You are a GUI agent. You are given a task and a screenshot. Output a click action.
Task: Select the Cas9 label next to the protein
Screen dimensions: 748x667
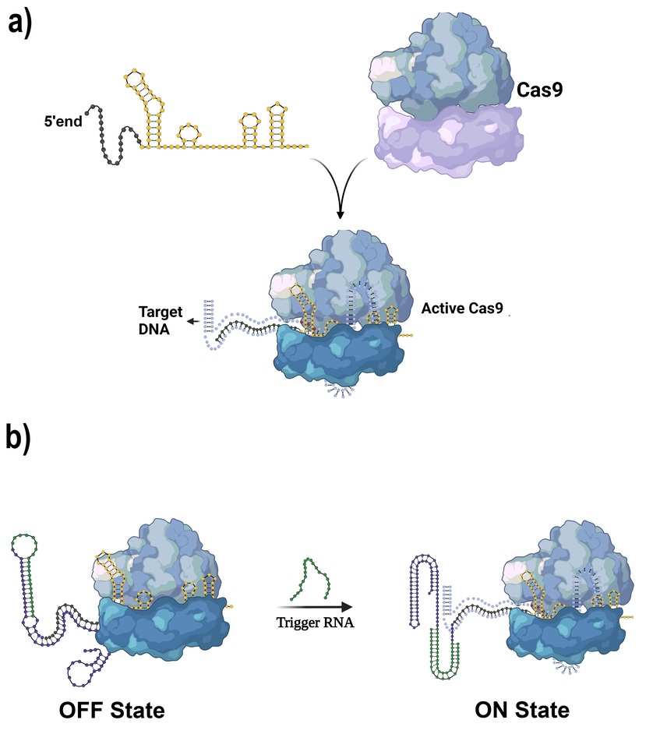[541, 91]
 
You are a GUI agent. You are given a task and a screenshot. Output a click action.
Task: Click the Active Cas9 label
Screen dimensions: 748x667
[461, 309]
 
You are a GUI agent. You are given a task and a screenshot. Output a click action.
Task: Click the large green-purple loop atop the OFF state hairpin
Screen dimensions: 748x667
[30, 546]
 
